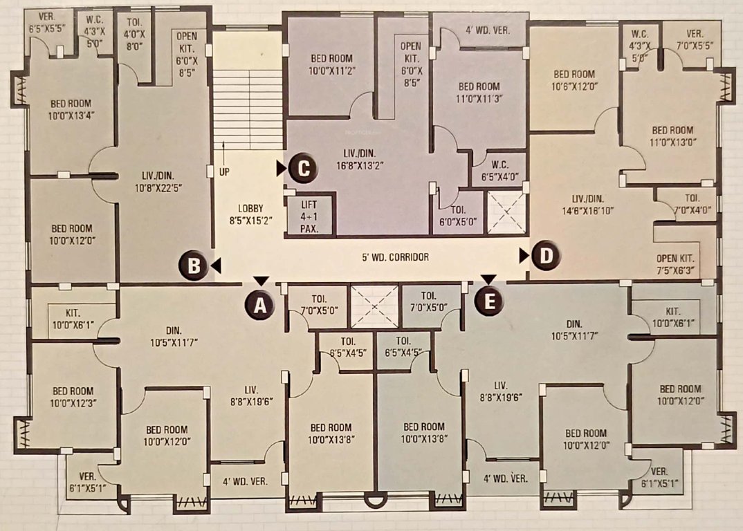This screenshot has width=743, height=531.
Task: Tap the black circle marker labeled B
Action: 194,265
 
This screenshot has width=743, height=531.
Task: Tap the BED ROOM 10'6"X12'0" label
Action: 574,80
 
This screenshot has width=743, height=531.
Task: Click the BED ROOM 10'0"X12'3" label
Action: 73,397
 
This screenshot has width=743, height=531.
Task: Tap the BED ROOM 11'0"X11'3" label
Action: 479,92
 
